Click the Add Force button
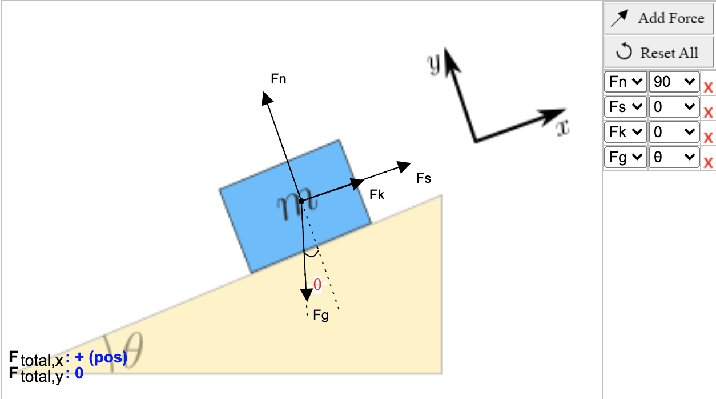[658, 18]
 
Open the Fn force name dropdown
[626, 82]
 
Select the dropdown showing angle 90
[674, 82]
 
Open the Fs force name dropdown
[626, 107]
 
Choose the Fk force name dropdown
[626, 132]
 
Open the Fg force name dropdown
[626, 157]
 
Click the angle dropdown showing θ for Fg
[674, 157]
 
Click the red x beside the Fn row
[708, 87]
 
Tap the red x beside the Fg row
[708, 162]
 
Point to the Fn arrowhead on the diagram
[266, 98]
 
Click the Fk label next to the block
[377, 195]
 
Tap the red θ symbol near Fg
[317, 285]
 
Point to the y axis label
[434, 63]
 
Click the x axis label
[563, 128]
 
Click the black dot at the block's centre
[301, 201]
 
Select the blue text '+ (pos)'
[101, 357]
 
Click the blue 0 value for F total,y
[79, 373]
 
